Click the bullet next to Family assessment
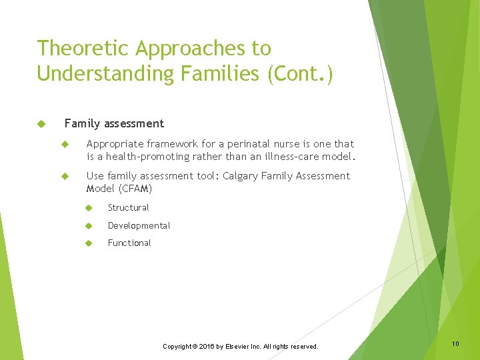coord(41,124)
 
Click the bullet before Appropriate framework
coord(65,144)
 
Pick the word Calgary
coord(241,176)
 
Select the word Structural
coord(129,208)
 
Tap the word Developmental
coord(139,226)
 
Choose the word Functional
coord(129,243)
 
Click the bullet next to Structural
coord(87,208)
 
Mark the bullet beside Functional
coord(87,243)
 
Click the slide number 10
coord(455,343)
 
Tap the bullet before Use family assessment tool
coord(65,176)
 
